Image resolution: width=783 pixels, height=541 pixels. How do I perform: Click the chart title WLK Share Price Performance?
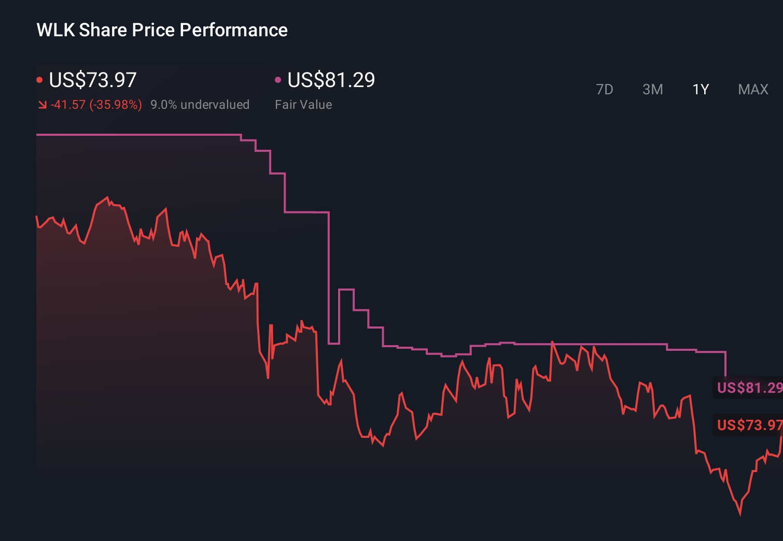point(162,30)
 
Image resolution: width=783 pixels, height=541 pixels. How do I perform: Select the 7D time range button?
point(604,90)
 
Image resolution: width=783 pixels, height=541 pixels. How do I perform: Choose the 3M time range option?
point(652,90)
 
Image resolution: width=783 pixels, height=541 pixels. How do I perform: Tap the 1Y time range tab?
point(701,90)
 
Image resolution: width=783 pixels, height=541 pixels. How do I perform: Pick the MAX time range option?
point(753,90)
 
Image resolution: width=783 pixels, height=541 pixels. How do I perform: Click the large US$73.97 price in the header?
point(92,80)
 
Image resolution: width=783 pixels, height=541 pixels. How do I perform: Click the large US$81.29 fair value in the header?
point(331,80)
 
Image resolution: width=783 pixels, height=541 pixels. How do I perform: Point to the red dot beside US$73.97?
point(39,80)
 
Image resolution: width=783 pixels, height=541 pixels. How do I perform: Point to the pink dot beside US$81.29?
point(278,80)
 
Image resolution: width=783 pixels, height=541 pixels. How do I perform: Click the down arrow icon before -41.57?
point(42,105)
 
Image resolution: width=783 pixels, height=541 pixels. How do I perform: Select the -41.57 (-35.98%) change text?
point(96,105)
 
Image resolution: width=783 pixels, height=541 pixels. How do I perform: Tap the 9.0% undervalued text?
point(200,105)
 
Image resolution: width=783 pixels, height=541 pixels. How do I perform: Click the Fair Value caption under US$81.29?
point(303,105)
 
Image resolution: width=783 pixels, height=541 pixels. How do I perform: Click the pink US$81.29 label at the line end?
point(749,388)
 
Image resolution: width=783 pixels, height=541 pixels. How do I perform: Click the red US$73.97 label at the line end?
point(749,425)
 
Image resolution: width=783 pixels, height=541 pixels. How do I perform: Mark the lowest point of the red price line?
point(740,514)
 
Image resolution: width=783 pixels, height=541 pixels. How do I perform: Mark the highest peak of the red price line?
point(107,197)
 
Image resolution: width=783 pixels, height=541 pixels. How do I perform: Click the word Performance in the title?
point(233,30)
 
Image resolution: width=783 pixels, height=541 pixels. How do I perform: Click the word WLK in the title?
point(55,30)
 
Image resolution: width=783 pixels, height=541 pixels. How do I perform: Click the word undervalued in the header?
point(215,105)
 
